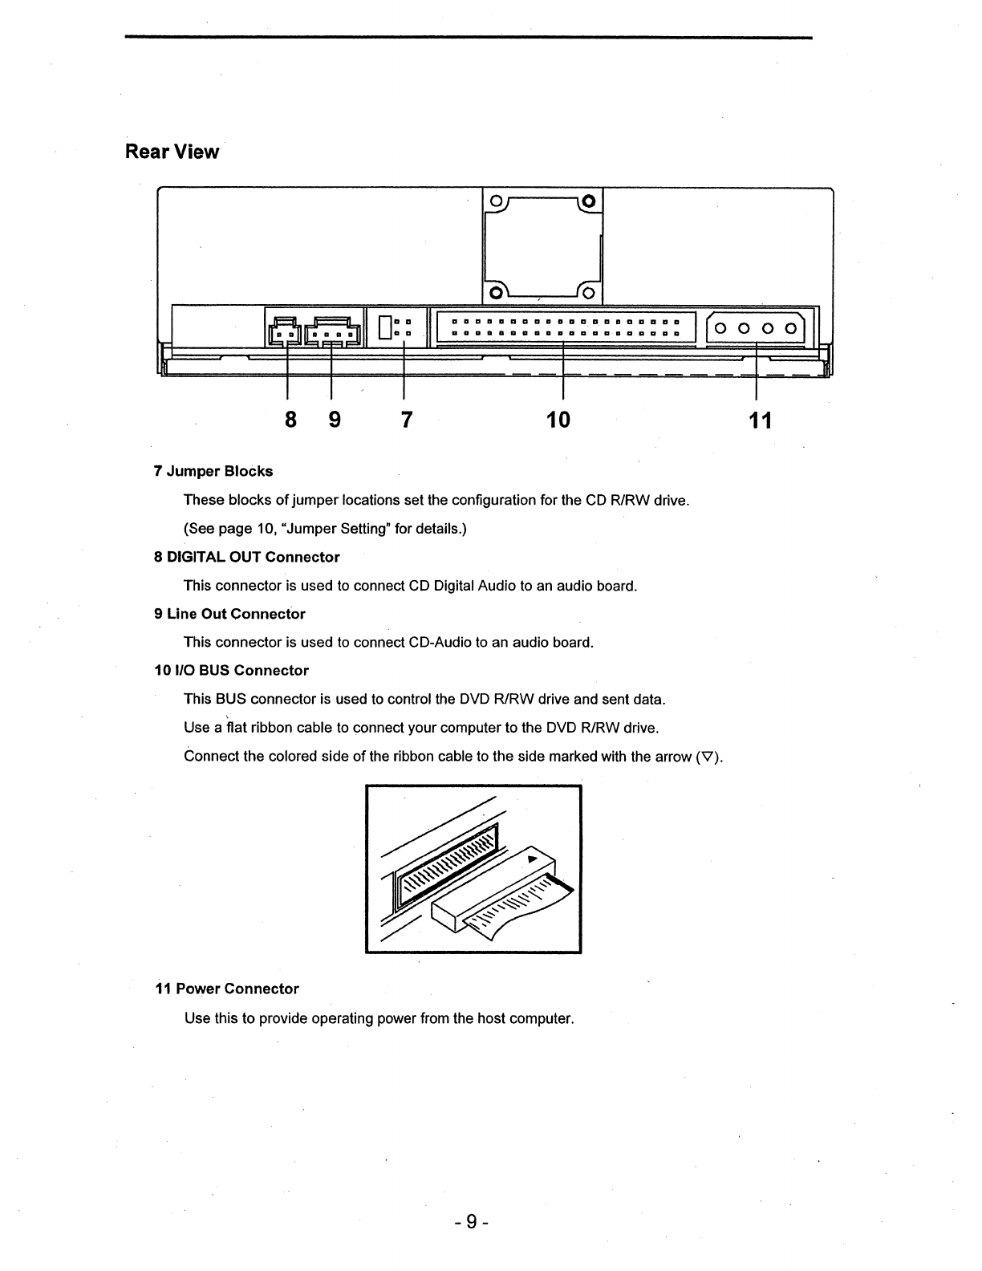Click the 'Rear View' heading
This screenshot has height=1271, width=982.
(x=172, y=152)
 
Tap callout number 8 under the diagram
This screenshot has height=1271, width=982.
(x=290, y=419)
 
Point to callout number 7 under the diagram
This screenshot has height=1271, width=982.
(x=406, y=419)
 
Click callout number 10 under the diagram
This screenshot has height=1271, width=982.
(x=558, y=419)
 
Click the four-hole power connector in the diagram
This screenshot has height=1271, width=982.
(x=757, y=327)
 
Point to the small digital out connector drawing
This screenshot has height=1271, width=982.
(x=283, y=331)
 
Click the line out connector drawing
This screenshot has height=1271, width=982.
(x=331, y=331)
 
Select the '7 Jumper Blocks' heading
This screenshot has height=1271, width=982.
(x=213, y=471)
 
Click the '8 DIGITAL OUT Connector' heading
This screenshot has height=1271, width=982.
(x=246, y=557)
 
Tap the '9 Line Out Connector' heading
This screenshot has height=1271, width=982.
(x=229, y=614)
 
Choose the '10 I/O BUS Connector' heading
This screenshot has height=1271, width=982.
(x=231, y=670)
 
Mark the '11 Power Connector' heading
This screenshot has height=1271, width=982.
(x=226, y=989)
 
